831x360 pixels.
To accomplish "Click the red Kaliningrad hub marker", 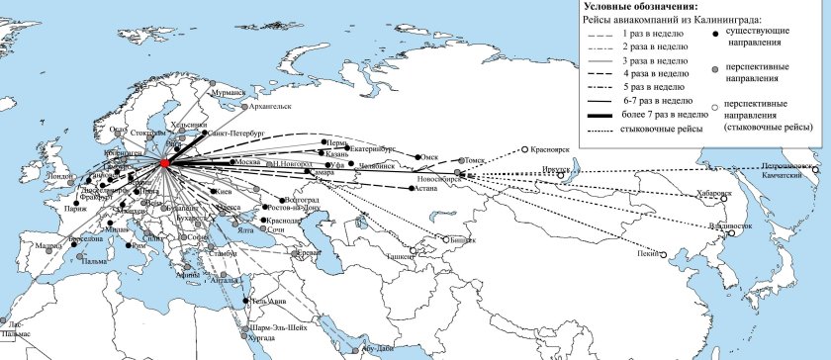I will tap(164, 162).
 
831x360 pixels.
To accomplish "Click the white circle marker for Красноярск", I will tap(526, 151).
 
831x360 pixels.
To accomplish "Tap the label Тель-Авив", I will tap(271, 301).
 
